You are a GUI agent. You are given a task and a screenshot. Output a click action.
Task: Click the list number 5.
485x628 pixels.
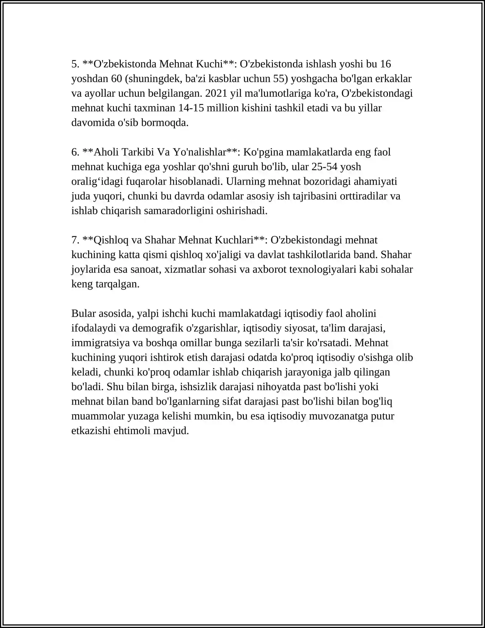point(75,64)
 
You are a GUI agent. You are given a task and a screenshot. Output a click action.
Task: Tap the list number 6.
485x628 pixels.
point(75,152)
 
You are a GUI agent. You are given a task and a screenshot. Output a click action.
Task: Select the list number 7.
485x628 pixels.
point(75,240)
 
